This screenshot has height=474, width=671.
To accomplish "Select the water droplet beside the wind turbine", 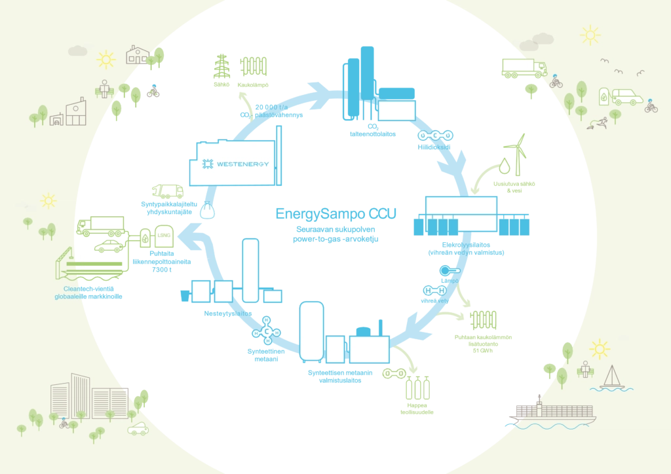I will [x=504, y=166].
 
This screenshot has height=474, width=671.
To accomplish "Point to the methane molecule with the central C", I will [x=267, y=331].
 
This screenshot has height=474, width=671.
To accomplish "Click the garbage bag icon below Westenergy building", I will [x=207, y=211].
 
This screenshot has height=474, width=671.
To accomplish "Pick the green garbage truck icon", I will [x=168, y=191].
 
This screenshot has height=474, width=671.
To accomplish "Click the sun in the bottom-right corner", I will [x=599, y=348].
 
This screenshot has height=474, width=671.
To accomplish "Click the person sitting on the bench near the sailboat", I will [x=584, y=369].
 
